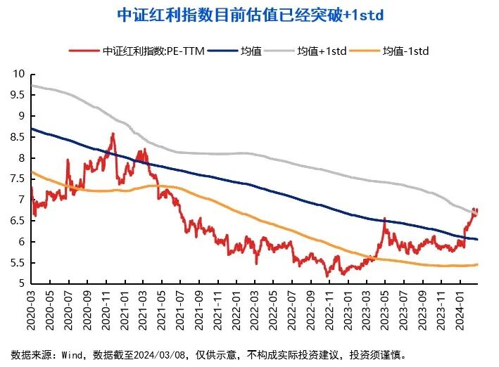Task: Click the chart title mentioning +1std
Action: [x=249, y=15]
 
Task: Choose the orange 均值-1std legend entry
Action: [x=405, y=51]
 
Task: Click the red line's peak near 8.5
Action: [x=113, y=134]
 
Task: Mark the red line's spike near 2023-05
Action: [x=384, y=219]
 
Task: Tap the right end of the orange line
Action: [x=478, y=264]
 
